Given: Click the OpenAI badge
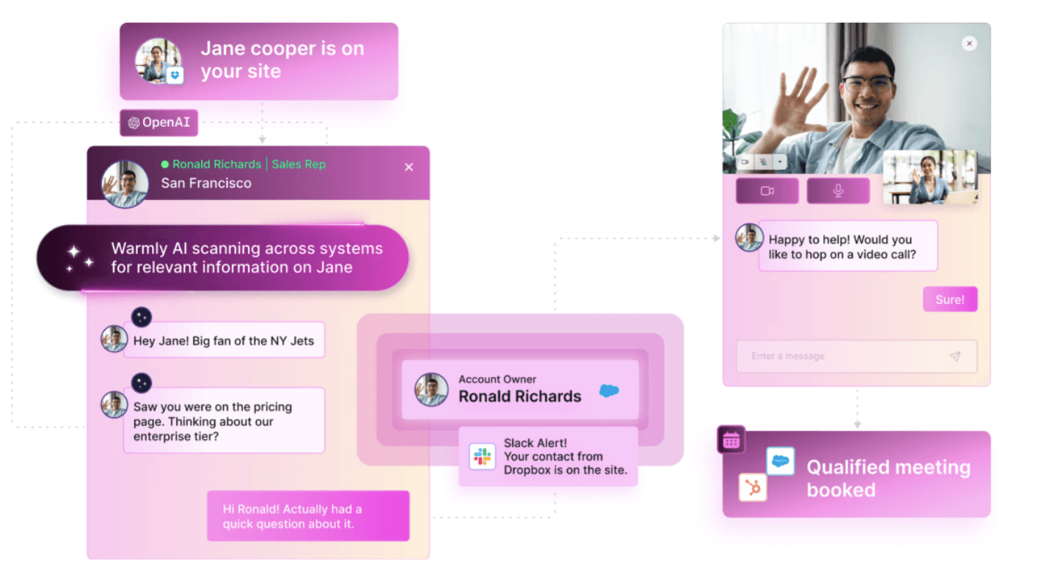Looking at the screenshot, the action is click(x=159, y=122).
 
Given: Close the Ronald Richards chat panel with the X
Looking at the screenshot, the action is click(x=409, y=167).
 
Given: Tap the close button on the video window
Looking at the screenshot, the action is click(x=969, y=44).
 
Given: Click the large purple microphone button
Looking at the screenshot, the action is click(x=838, y=191).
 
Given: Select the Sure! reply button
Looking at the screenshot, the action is click(x=950, y=300).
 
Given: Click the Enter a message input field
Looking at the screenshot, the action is click(x=841, y=356).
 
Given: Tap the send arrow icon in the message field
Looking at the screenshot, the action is click(x=955, y=356).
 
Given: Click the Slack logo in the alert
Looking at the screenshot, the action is click(x=483, y=457).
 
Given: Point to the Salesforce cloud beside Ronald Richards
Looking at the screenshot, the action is click(x=609, y=390).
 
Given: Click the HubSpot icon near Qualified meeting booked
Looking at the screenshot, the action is click(x=753, y=488).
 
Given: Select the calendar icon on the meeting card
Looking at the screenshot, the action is click(x=731, y=440).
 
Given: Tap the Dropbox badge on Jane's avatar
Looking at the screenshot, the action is click(x=175, y=75).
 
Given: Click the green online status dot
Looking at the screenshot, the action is click(x=165, y=165).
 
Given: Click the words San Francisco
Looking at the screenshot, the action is click(x=206, y=183).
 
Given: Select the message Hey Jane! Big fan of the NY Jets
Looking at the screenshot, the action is click(x=224, y=341).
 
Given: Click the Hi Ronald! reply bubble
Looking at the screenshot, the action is click(x=308, y=516).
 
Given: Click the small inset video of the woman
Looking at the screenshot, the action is click(x=929, y=177).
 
